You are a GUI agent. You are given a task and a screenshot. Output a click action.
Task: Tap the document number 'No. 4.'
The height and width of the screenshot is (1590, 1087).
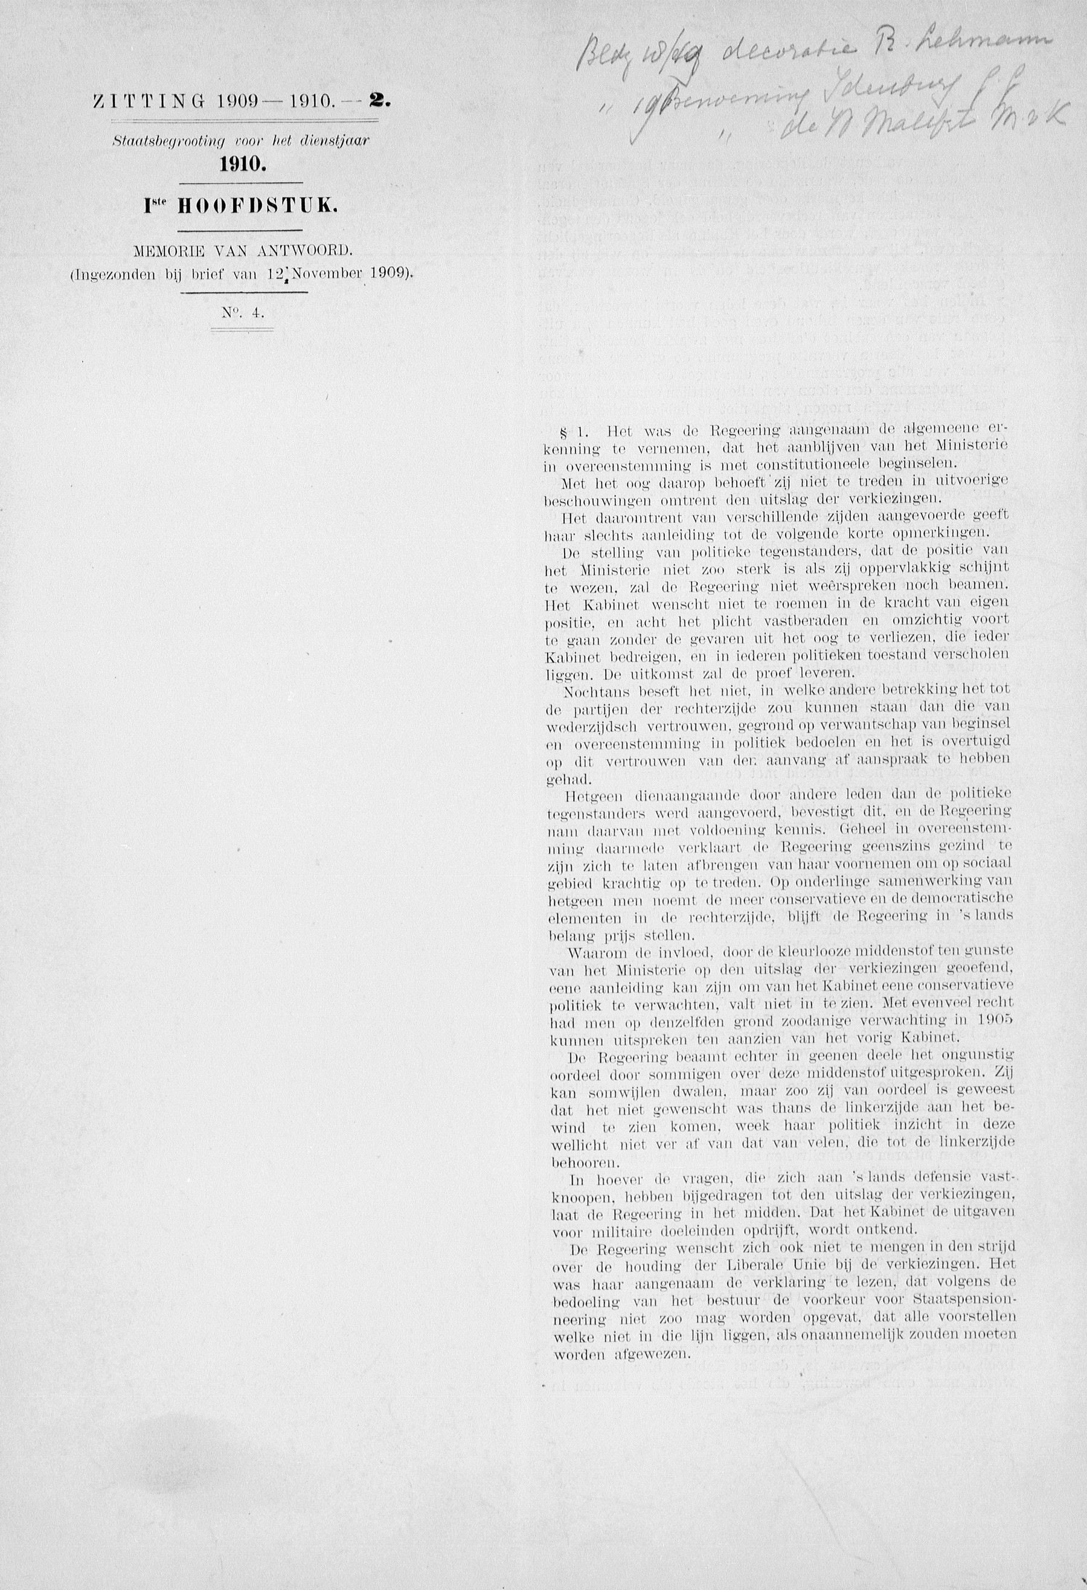[242, 313]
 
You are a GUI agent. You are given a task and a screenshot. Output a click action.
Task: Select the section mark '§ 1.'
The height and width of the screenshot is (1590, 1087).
[574, 432]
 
